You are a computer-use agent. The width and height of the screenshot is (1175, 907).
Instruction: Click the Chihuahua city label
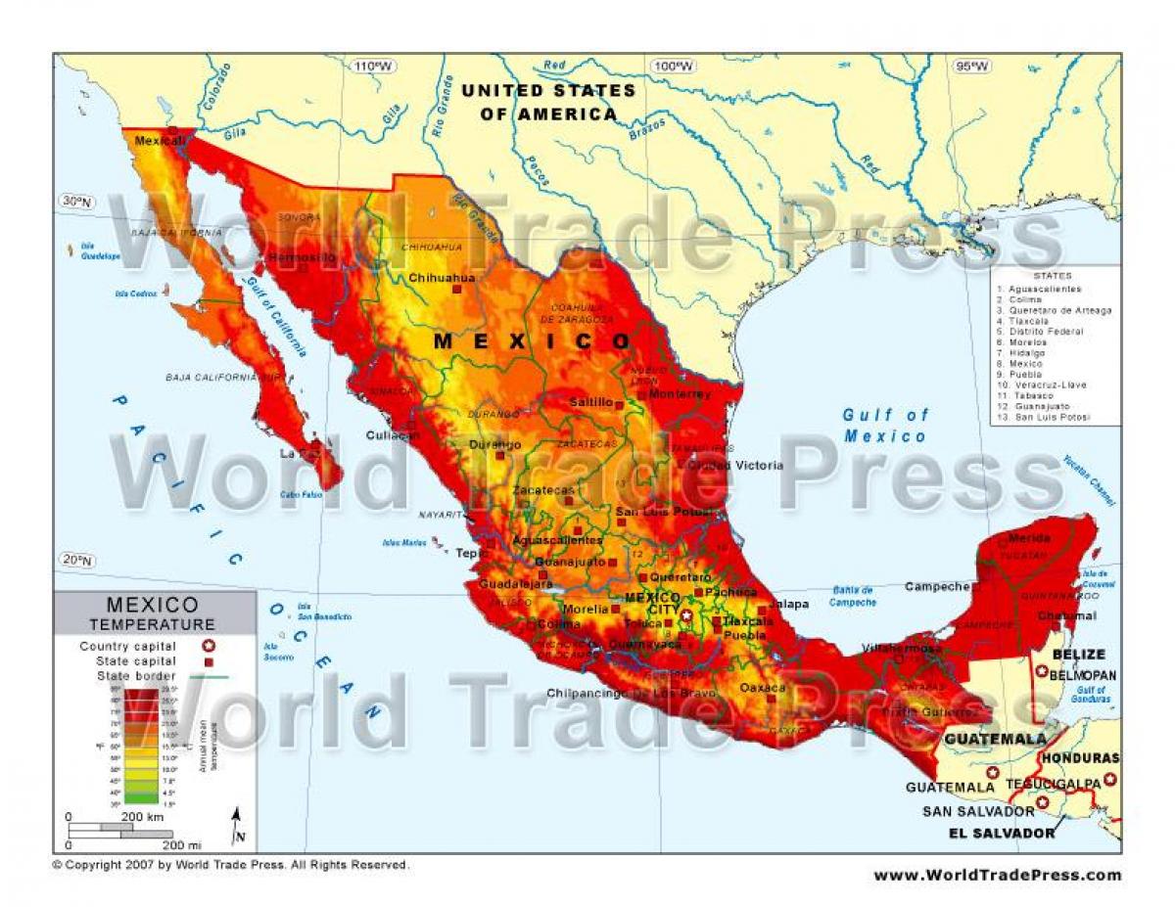pos(442,278)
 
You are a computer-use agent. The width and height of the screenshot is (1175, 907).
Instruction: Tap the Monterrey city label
pos(679,394)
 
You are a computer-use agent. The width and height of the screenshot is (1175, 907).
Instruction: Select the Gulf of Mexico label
pos(885,426)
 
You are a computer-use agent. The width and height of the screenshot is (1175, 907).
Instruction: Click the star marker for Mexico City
pos(686,615)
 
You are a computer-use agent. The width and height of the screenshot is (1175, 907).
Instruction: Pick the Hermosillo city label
pos(302,257)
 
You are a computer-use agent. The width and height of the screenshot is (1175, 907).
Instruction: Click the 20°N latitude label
pos(75,560)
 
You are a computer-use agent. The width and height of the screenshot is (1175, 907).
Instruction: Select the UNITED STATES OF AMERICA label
pos(548,102)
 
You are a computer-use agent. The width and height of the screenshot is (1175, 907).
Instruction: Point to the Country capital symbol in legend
pos(208,646)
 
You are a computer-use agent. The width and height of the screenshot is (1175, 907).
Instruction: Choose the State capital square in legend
pos(208,661)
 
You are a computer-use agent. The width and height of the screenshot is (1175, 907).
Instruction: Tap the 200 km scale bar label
pos(142,815)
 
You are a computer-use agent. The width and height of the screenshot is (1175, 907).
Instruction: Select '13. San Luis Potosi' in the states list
pos(1044,417)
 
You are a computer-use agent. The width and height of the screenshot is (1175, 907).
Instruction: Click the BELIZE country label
pos(1078,655)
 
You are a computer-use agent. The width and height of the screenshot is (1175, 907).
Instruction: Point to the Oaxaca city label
pos(762,688)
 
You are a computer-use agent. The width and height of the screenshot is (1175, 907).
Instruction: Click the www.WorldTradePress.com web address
pos(997,875)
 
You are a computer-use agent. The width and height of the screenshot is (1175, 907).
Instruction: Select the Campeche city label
pos(937,587)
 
